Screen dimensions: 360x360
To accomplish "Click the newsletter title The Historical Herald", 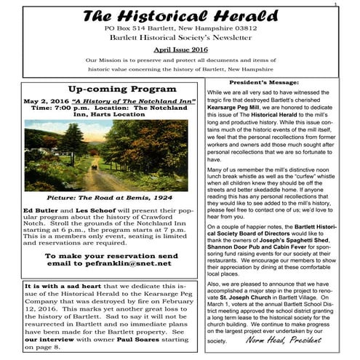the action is tap(179, 16).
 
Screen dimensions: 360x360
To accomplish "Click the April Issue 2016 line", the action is tap(180, 46).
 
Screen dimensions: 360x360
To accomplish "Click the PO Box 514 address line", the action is tap(180, 28).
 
